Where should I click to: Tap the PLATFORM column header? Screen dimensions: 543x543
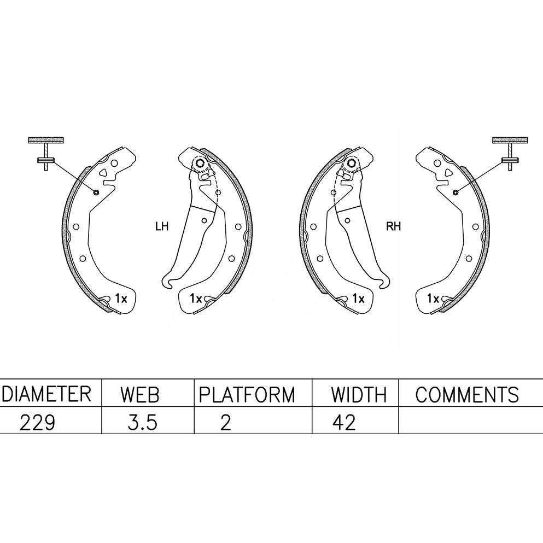[x=246, y=394]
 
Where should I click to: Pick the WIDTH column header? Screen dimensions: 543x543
[x=359, y=394]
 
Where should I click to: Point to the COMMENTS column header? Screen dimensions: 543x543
[x=466, y=394]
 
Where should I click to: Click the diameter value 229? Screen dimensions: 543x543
[x=37, y=422]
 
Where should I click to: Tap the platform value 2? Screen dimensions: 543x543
[x=225, y=422]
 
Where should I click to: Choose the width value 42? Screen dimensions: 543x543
[x=343, y=422]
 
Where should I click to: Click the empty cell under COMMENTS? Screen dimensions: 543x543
[x=470, y=422]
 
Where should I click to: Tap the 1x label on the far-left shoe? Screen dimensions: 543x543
[x=121, y=299]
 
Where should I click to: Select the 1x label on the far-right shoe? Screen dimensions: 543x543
[x=433, y=299]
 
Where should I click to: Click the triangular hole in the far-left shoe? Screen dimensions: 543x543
[x=103, y=173]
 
